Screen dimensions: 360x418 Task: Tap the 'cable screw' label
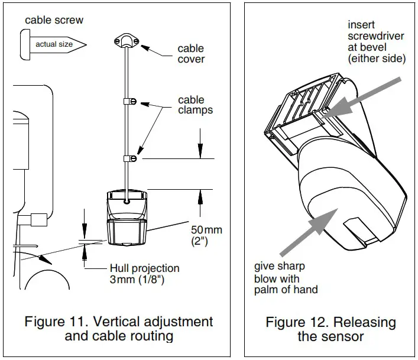click(54, 20)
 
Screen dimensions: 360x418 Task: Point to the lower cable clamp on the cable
click(129, 158)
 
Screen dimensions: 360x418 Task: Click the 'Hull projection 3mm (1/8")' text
click(144, 274)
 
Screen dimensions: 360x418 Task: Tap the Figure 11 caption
click(119, 329)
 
